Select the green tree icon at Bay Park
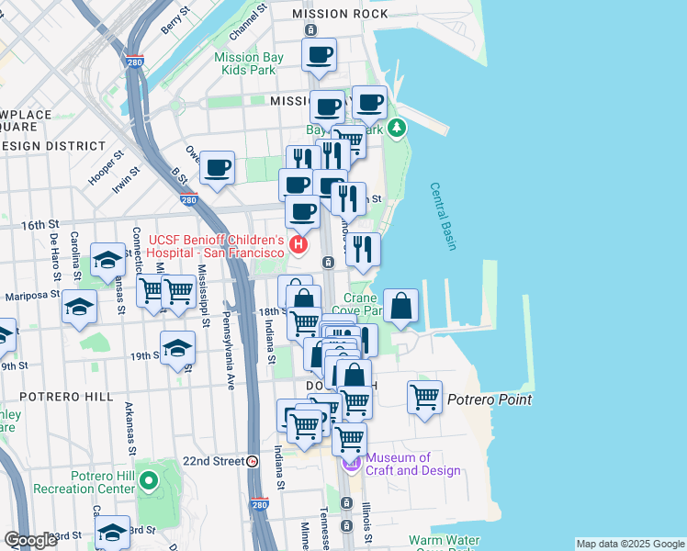click(x=397, y=128)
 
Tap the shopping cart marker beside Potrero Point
click(x=424, y=398)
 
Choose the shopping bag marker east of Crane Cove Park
click(x=401, y=306)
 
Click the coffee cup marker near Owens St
click(x=218, y=168)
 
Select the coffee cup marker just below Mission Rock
click(x=319, y=55)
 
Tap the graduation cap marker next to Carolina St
click(x=108, y=260)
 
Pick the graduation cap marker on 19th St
click(x=177, y=348)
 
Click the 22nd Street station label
click(x=215, y=461)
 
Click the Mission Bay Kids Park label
click(x=249, y=63)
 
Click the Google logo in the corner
click(x=31, y=540)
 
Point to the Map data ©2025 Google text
click(x=629, y=544)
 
